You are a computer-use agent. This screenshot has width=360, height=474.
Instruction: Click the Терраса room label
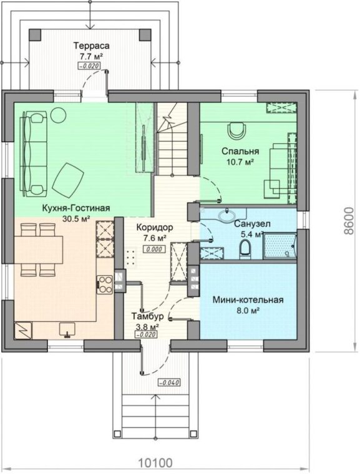tap(91, 46)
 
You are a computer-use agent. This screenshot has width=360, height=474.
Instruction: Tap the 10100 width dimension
tap(155, 463)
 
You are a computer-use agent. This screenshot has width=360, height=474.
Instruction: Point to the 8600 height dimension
tap(349, 221)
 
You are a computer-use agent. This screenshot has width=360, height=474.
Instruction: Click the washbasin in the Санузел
tap(227, 215)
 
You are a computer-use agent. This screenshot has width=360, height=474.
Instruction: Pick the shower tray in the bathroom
tap(280, 246)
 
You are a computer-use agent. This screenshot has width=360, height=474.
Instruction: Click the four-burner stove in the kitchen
tap(105, 284)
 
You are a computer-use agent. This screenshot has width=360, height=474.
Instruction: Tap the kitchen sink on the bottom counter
tap(67, 329)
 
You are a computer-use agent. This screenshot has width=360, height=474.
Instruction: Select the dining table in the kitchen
tap(39, 249)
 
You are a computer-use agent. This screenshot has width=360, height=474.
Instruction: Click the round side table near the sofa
tap(58, 115)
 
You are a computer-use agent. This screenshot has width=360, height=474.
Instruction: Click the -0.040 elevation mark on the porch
tap(169, 382)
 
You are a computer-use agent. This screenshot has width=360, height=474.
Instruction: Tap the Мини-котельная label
tap(248, 299)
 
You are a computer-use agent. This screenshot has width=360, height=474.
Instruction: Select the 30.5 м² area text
tap(76, 218)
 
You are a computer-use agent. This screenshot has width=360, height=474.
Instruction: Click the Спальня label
tap(240, 151)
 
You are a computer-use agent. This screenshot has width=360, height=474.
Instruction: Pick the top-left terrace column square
tap(35, 35)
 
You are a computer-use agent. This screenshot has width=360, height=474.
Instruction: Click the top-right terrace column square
tap(145, 35)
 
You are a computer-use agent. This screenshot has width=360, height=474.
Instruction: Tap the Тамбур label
tap(147, 316)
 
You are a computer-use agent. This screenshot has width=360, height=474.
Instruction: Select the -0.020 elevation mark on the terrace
tap(89, 65)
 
